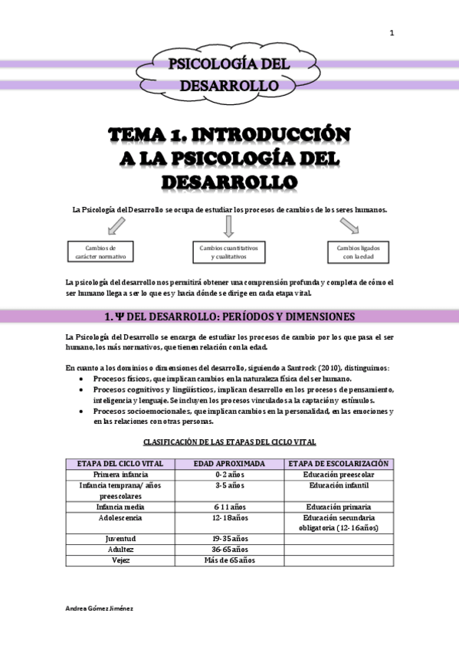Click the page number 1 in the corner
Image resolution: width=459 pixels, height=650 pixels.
392,33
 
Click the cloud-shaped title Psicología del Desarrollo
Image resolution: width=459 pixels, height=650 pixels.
229,74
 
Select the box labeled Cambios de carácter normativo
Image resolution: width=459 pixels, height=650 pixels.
101,251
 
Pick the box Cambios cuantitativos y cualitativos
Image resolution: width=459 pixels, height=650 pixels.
229,252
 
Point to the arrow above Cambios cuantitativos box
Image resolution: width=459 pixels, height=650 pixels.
228,226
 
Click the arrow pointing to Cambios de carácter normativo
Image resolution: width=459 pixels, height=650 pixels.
117,226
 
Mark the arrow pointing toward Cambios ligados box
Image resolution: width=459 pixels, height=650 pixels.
349,225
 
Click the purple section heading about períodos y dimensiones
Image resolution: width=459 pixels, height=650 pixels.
229,317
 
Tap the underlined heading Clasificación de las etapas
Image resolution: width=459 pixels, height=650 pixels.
229,442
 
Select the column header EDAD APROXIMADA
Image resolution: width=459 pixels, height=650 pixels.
229,464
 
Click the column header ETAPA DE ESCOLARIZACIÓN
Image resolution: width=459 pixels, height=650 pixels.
338,464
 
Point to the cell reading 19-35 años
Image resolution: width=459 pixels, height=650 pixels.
229,539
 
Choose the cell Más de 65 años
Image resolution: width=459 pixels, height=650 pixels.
229,560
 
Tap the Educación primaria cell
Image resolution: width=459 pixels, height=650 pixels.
338,507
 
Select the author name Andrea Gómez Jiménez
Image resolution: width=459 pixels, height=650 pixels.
100,606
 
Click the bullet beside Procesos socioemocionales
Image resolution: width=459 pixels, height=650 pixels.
83,412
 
